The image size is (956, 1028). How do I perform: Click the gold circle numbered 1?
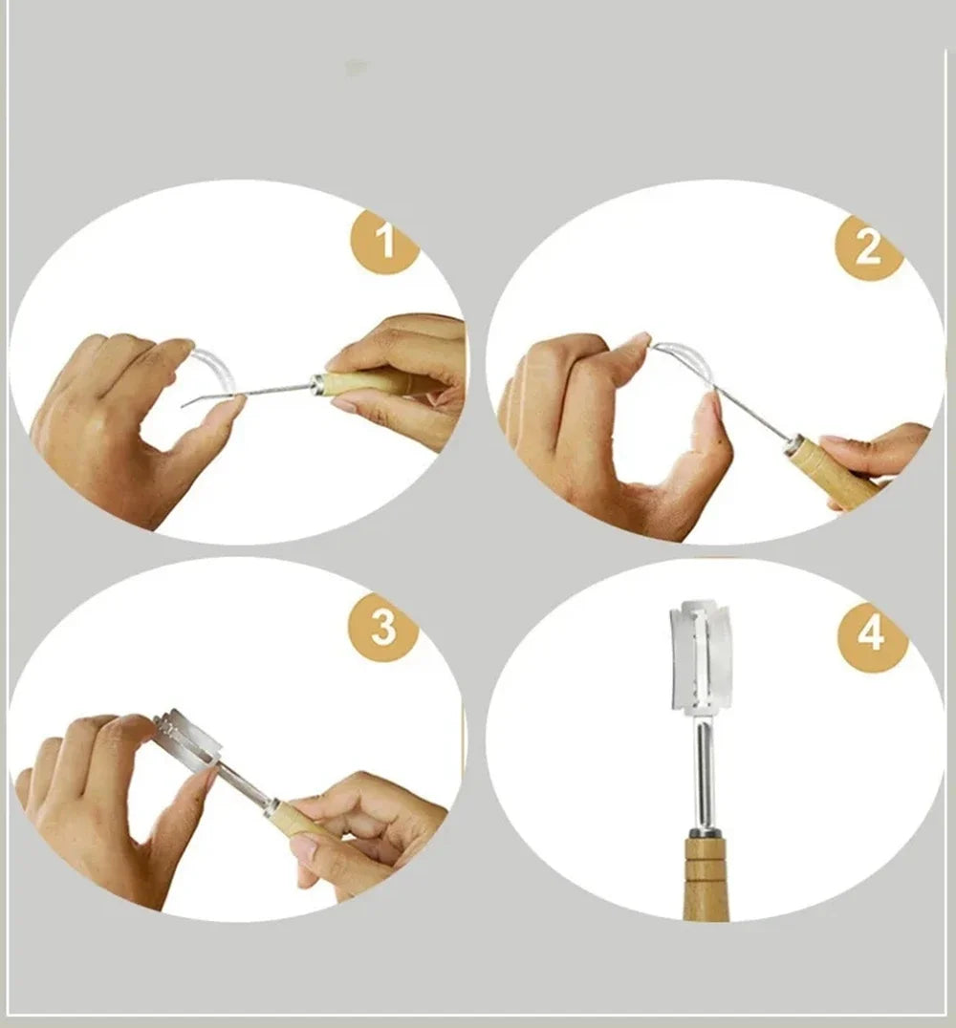point(385,241)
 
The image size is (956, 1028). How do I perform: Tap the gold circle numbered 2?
point(869,247)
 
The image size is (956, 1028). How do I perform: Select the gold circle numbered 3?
point(383,627)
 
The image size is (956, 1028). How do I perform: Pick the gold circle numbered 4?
point(873,635)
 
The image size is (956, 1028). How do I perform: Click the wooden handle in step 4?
point(706,879)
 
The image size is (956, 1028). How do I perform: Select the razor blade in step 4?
point(700,657)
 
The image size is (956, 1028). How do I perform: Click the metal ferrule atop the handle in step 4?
point(704,832)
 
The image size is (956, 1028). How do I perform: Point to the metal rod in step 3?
point(243,782)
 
